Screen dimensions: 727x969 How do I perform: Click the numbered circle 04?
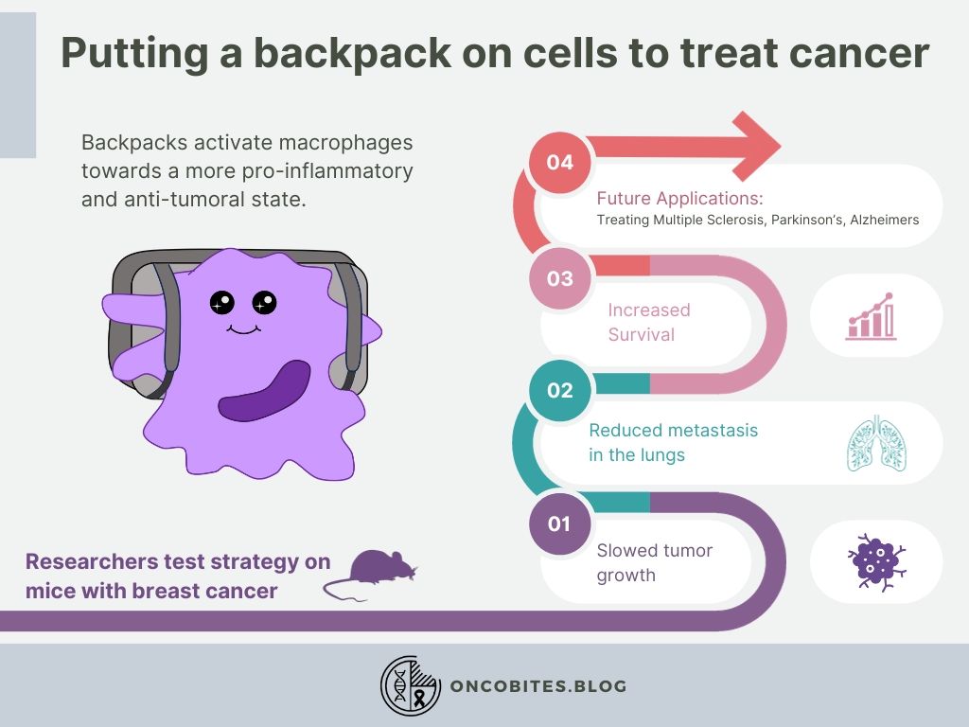click(x=559, y=162)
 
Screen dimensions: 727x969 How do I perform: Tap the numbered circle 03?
click(x=559, y=278)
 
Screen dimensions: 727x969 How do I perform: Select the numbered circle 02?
click(x=559, y=390)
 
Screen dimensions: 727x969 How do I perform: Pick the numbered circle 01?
click(x=559, y=523)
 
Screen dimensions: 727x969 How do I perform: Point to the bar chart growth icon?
click(x=870, y=315)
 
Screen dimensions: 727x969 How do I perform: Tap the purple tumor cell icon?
click(x=874, y=562)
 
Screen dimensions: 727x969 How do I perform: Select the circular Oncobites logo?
click(x=411, y=685)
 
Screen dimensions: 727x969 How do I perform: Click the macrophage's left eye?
click(x=222, y=302)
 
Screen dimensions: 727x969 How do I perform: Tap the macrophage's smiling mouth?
click(x=243, y=328)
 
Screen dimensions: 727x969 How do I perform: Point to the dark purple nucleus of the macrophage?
click(x=264, y=391)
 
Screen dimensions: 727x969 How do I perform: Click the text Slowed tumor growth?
click(x=653, y=562)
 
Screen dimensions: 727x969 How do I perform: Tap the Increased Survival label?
click(x=648, y=322)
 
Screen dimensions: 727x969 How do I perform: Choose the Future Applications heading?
click(x=678, y=199)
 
